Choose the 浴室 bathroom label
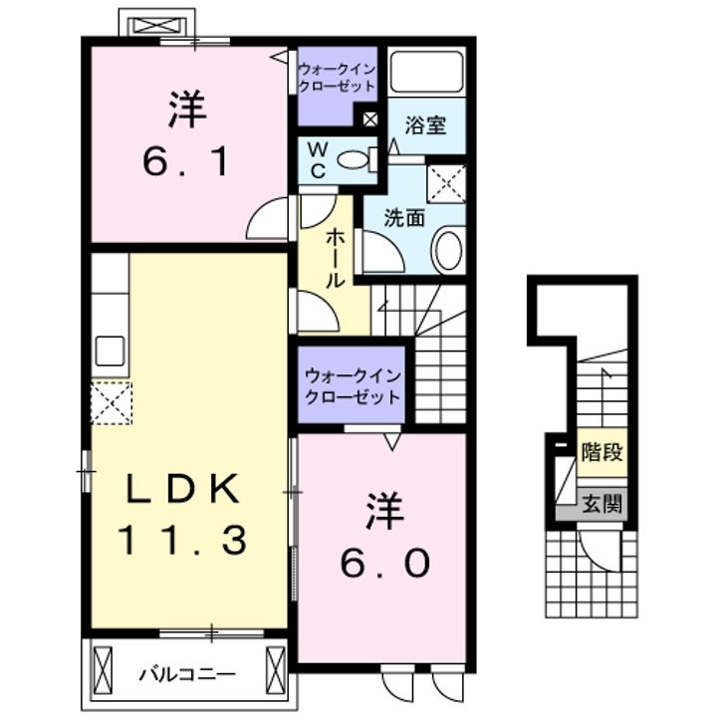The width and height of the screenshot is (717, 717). [424, 126]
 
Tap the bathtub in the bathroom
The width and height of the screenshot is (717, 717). [425, 72]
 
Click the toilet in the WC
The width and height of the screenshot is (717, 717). [353, 158]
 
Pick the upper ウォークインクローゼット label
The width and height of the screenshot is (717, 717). [338, 77]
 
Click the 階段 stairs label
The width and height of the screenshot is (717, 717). [601, 452]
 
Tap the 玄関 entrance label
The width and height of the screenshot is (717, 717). [601, 504]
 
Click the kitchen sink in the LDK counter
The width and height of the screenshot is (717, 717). [110, 352]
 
